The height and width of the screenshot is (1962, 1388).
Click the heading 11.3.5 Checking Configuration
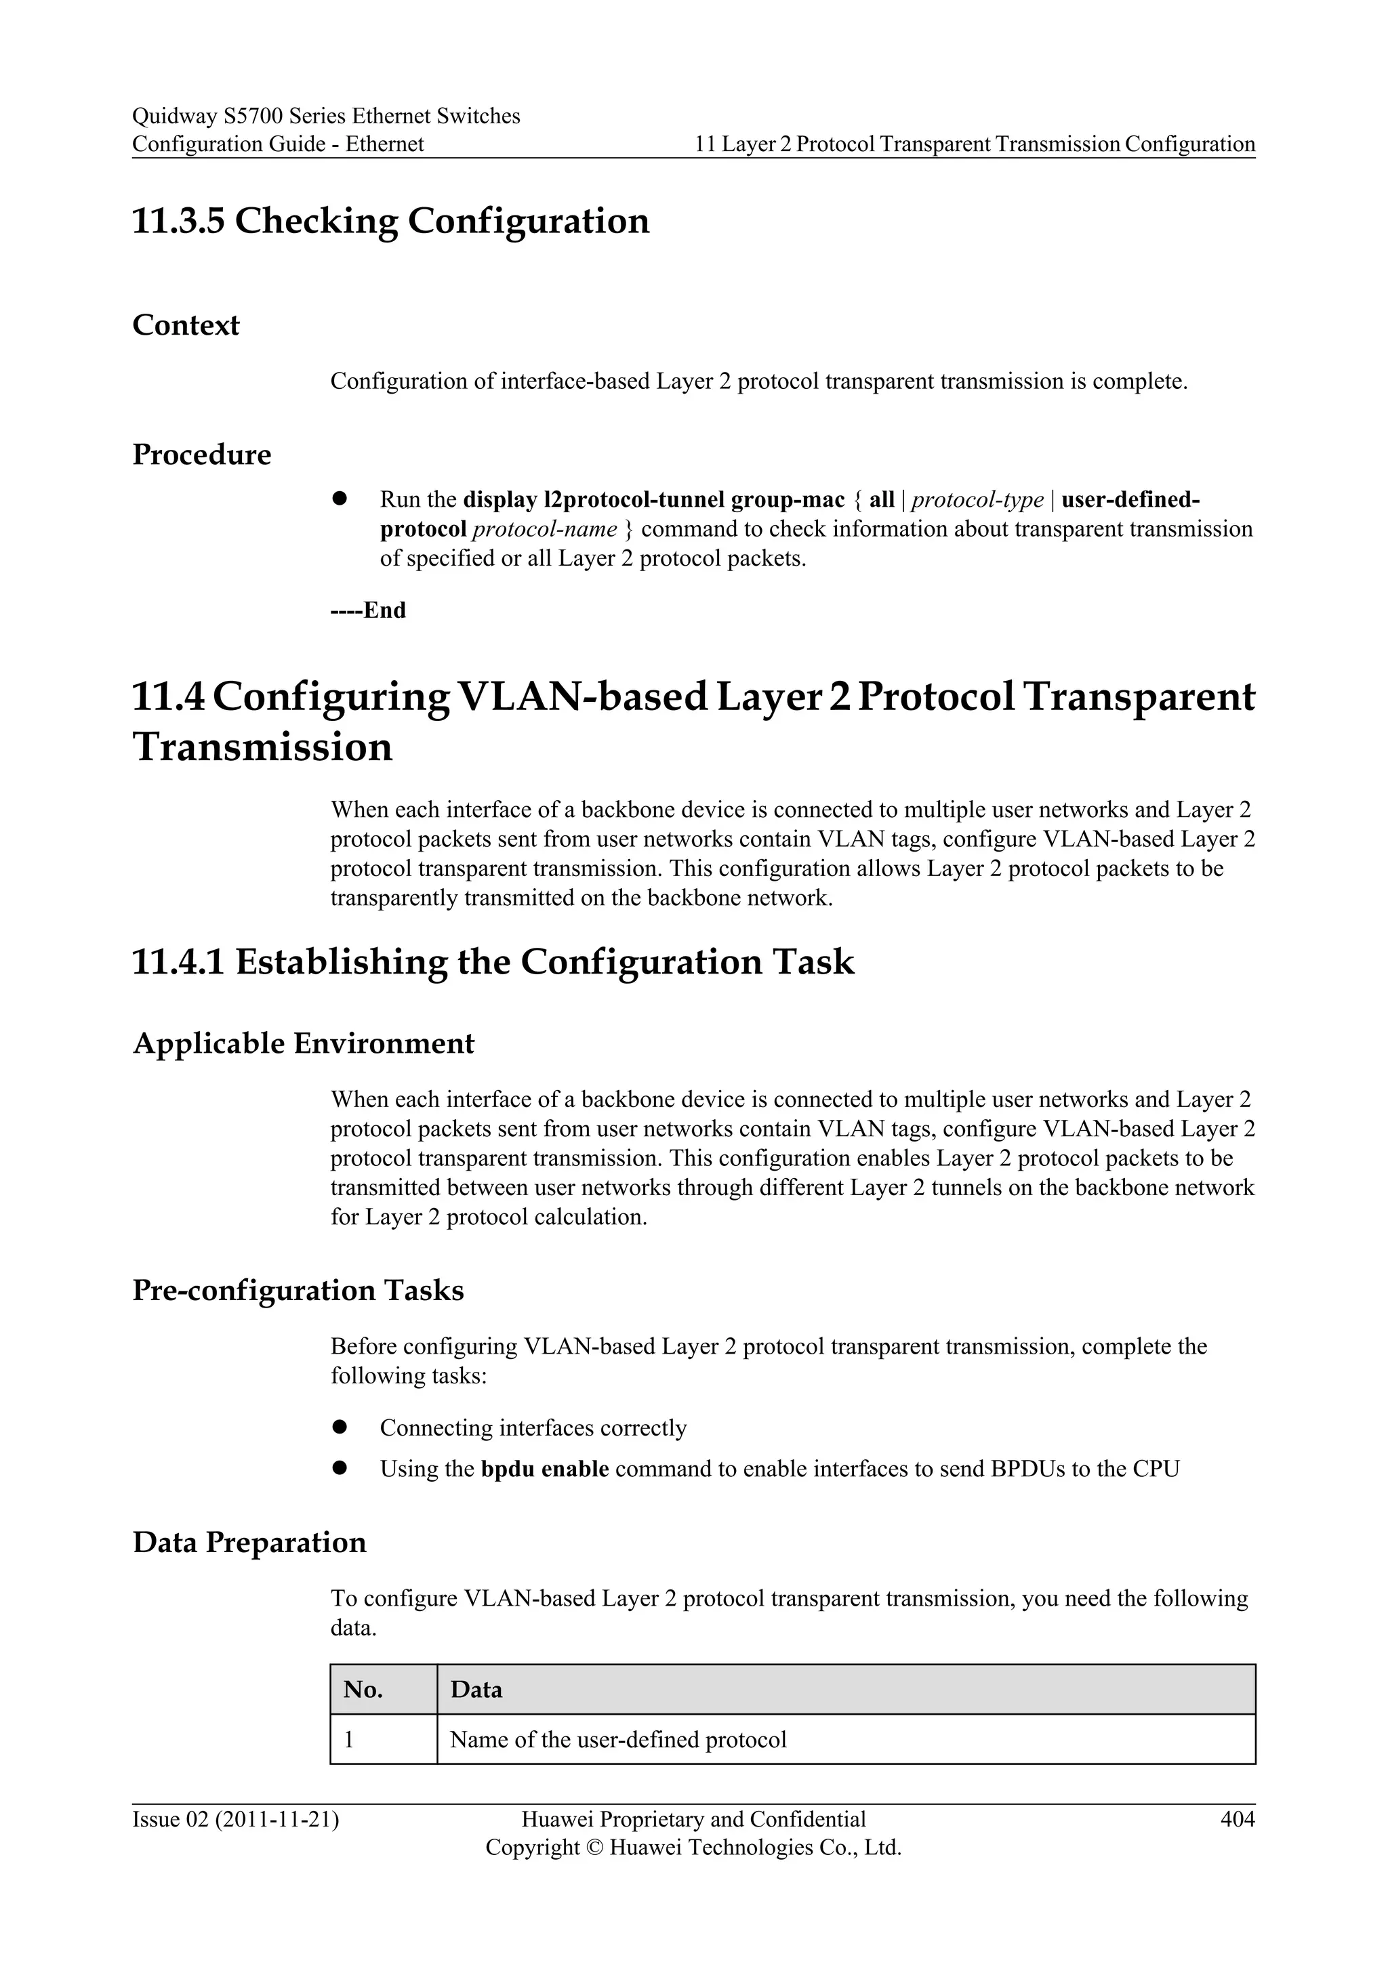(x=390, y=222)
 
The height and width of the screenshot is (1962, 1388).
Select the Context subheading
(x=186, y=326)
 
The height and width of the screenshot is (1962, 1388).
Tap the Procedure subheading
(x=202, y=455)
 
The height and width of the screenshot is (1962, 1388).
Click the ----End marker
(x=369, y=610)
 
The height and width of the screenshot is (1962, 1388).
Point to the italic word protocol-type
(x=978, y=500)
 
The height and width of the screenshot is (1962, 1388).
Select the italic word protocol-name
(x=544, y=530)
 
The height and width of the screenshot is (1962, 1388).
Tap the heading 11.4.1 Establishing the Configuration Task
(x=493, y=962)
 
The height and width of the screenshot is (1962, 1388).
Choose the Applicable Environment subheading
(x=304, y=1043)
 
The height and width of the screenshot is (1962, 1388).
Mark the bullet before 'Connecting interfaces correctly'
(x=340, y=1427)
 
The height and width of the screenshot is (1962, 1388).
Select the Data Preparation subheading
(x=249, y=1543)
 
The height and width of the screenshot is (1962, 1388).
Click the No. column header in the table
(x=363, y=1690)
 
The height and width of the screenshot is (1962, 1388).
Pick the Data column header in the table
(x=476, y=1690)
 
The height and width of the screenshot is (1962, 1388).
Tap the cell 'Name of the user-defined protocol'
(x=618, y=1740)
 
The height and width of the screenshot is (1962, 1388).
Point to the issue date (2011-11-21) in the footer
(x=277, y=1820)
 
